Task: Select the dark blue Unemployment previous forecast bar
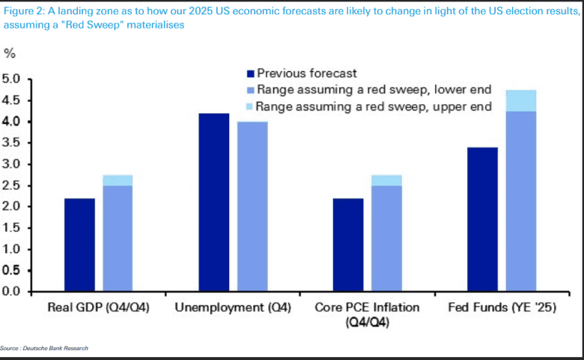click(213, 202)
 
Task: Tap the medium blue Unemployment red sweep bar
click(252, 207)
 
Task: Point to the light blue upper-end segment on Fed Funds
click(520, 100)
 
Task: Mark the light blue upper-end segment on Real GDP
click(117, 180)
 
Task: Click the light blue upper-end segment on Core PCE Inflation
click(386, 180)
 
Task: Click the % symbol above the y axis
click(10, 53)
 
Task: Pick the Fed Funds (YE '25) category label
click(502, 308)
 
